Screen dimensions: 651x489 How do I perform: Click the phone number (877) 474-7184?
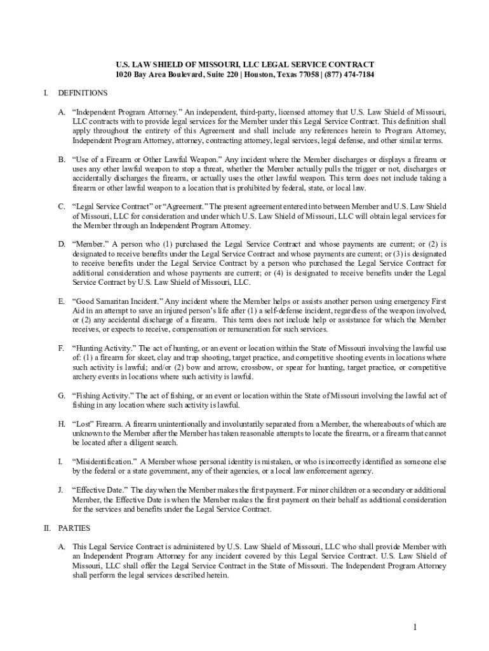coord(349,74)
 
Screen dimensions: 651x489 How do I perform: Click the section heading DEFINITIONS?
coord(83,93)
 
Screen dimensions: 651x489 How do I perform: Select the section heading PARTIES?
coord(74,528)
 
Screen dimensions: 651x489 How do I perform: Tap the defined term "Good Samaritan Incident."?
coord(118,301)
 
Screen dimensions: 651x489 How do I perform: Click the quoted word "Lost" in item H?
coord(83,423)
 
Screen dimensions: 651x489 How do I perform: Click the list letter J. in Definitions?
coord(60,490)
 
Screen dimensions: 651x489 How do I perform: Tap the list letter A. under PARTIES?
coord(62,547)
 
